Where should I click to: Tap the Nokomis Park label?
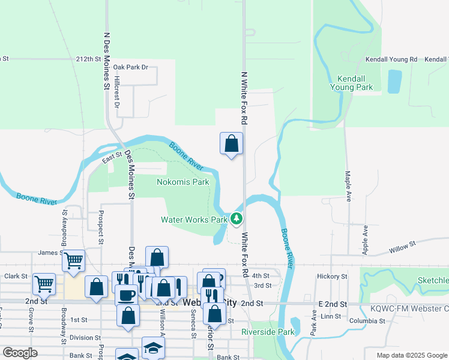(x=183, y=181)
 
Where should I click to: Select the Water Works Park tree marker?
(x=237, y=220)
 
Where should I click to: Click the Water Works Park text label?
(x=194, y=220)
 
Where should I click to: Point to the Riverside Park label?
(x=268, y=332)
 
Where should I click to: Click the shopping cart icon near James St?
(x=73, y=260)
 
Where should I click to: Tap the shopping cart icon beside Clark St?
(x=44, y=283)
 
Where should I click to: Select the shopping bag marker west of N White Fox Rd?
(x=232, y=143)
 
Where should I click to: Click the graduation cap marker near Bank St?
(x=153, y=348)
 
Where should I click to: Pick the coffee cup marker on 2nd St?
(x=127, y=295)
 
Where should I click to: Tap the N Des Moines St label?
(x=107, y=61)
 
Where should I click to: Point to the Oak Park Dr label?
(x=130, y=67)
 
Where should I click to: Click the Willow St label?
(x=402, y=246)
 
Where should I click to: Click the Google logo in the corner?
(x=20, y=353)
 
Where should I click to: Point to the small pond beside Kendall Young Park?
(x=394, y=81)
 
